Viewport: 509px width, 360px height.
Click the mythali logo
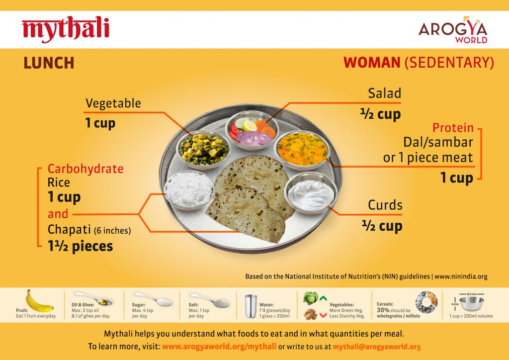tap(66, 29)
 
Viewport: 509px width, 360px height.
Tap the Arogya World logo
tap(453, 30)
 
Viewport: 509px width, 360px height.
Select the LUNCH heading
tap(49, 63)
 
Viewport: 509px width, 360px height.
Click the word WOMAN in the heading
tap(372, 62)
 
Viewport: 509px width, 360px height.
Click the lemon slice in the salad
tap(250, 125)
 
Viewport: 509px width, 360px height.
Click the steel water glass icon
tap(251, 306)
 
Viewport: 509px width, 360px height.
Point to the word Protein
tap(453, 128)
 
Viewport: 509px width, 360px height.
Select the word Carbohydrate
tap(85, 169)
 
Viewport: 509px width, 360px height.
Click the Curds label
tap(385, 205)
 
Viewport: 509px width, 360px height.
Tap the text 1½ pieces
tap(80, 246)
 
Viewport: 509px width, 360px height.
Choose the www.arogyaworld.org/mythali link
tap(219, 347)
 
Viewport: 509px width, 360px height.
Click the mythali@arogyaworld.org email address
tap(377, 347)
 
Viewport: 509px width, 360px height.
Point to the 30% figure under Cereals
tap(383, 310)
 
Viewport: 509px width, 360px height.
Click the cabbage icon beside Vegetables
tap(311, 298)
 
